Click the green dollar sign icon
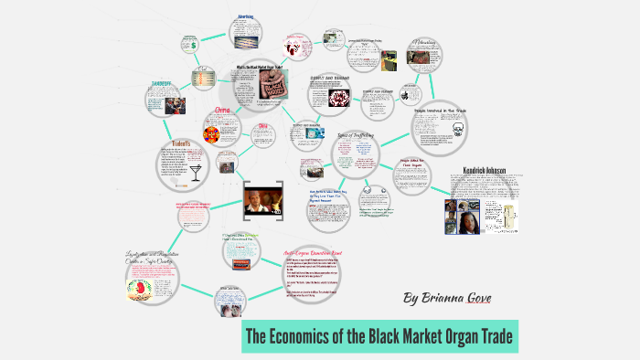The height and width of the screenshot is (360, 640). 194,42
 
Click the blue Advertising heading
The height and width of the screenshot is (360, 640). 246,16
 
